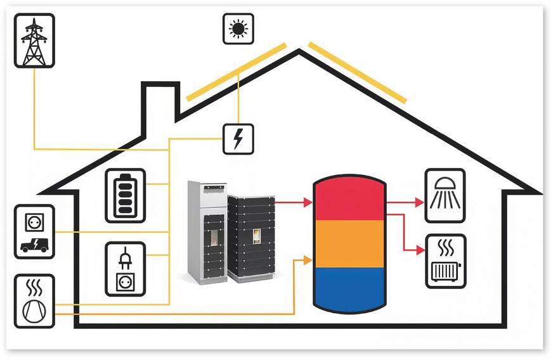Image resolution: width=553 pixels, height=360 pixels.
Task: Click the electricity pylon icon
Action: pos(34,41)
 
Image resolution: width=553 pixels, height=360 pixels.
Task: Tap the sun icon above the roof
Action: pos(238,29)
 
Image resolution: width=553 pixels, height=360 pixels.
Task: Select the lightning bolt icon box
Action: pos(238,138)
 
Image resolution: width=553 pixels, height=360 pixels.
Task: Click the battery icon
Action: pos(126,195)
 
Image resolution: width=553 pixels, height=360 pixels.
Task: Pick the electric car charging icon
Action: pos(34,231)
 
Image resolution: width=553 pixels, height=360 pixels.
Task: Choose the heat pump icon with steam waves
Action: pos(34,301)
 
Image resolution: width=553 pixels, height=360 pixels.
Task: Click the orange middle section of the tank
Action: pos(349,243)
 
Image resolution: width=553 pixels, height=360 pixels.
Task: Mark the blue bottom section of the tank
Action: pos(349,288)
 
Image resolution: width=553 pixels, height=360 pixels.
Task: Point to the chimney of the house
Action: pos(159,101)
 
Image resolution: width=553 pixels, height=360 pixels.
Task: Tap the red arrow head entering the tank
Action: pos(308,203)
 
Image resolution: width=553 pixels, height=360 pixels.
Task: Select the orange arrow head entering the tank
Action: pos(308,259)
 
